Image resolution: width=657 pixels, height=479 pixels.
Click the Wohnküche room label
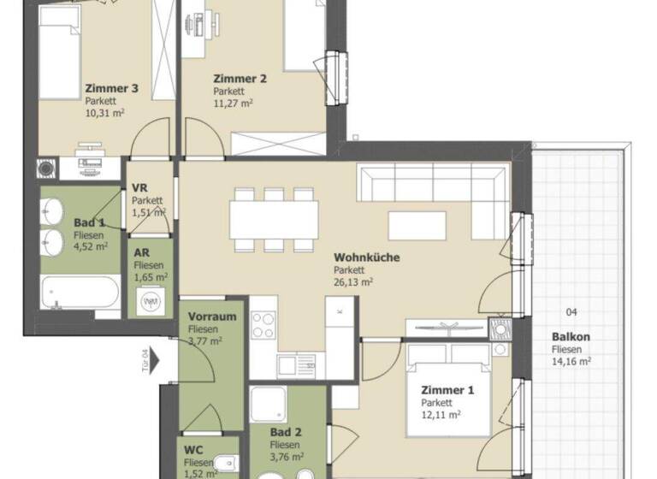[x=367, y=257]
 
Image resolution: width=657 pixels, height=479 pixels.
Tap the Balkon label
[x=571, y=337]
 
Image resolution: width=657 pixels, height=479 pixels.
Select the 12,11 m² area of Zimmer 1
[x=441, y=415]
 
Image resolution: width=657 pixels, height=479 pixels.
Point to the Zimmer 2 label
[x=240, y=79]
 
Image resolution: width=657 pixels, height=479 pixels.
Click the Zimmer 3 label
[x=111, y=87]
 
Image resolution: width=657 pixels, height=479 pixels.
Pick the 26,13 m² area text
[x=354, y=281]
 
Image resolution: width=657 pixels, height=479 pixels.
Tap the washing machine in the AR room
[x=151, y=301]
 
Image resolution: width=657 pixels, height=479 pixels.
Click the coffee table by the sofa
[x=417, y=225]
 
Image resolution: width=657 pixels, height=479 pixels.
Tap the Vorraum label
[x=211, y=316]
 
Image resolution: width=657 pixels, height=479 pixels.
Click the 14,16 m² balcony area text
[x=571, y=361]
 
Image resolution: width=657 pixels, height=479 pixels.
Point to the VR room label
[x=140, y=189]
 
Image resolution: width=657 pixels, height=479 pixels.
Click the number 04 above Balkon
[x=571, y=312]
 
